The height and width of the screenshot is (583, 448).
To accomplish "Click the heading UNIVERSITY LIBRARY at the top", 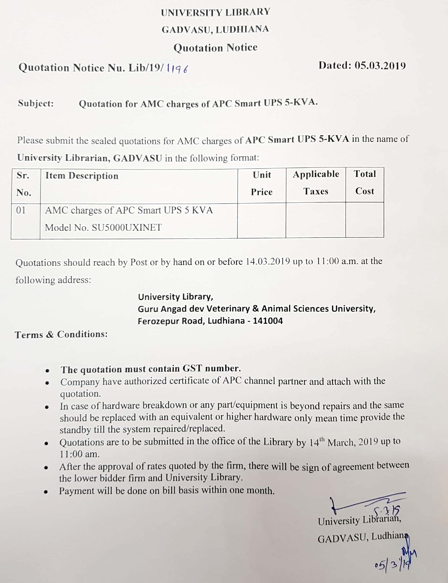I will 216,12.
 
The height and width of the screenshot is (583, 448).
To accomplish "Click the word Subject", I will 36,103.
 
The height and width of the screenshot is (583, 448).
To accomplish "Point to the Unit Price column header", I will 262,183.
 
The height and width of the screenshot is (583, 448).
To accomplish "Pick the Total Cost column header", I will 365,182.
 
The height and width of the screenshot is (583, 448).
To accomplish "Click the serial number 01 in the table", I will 21,210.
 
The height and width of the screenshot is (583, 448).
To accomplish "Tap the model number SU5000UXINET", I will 127,228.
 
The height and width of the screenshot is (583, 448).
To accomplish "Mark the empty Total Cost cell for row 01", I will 365,220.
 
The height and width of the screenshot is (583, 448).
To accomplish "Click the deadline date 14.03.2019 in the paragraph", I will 267,261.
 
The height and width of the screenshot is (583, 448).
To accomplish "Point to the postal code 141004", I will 268,320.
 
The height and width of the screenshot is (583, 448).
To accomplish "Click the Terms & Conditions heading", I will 61,334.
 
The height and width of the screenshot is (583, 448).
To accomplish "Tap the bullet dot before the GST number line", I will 47,371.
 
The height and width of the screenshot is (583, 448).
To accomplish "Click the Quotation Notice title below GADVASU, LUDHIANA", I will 216,48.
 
